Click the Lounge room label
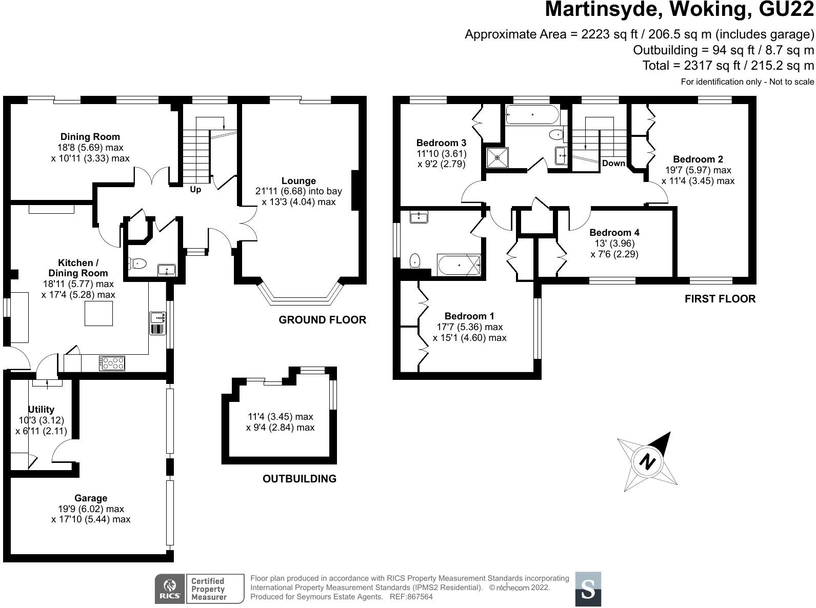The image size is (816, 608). point(298,181)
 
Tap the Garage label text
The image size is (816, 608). point(91,498)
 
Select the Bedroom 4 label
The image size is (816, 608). point(614,233)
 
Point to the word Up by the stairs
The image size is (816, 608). point(195,189)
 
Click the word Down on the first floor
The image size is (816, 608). point(613,163)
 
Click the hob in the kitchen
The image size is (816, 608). point(112,363)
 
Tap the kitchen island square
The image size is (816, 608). point(98,313)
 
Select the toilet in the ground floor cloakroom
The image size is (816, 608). point(137,264)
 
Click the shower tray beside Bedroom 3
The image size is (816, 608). point(497,157)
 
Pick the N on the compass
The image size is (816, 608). point(647,462)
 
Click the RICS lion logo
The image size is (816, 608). point(170,589)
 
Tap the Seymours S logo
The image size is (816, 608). point(588,589)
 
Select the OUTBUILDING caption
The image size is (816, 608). point(299,479)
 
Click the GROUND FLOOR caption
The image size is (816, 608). point(322,320)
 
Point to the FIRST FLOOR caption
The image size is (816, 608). point(720,299)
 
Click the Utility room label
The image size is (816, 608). point(41,409)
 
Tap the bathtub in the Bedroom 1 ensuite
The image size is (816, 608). point(460,265)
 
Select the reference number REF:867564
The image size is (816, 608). point(411,597)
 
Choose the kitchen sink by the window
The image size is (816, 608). point(157,323)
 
